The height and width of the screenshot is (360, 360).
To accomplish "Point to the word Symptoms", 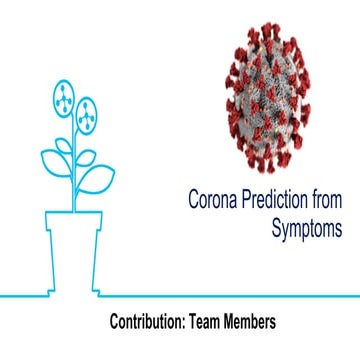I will pyautogui.click(x=307, y=228).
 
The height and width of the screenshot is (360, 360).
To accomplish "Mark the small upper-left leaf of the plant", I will pyautogui.click(x=61, y=145).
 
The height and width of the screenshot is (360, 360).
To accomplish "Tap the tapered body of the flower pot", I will pyautogui.click(x=80, y=255).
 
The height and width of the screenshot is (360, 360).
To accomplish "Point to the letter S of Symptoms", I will pyautogui.click(x=276, y=228).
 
